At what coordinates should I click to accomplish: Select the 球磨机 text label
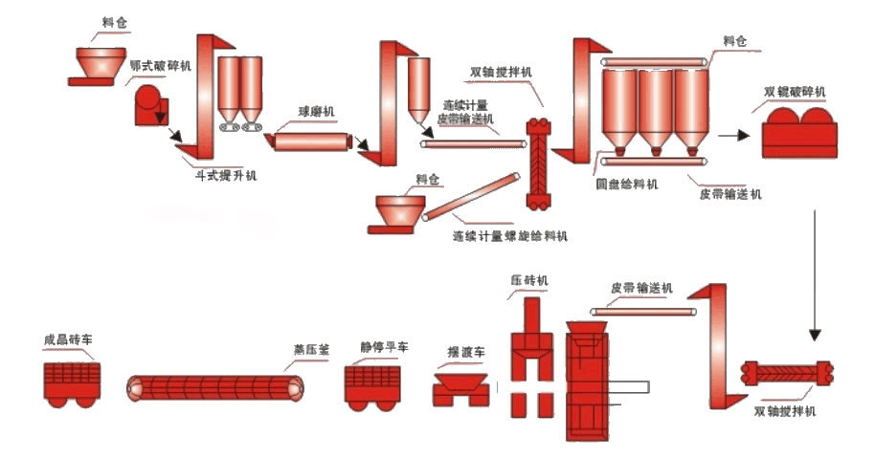click(x=316, y=112)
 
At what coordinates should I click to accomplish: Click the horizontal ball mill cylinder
click(x=309, y=142)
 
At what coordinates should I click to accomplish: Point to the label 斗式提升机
click(x=225, y=176)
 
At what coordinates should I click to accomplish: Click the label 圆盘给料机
click(x=626, y=185)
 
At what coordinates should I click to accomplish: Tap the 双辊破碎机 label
click(x=796, y=92)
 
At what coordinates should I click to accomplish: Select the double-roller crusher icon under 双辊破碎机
click(x=796, y=131)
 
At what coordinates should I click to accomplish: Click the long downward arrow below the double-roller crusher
click(x=815, y=277)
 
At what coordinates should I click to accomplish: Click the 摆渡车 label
click(x=466, y=352)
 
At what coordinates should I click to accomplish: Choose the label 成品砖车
click(x=68, y=339)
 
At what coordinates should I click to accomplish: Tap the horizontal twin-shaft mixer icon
click(x=787, y=375)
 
